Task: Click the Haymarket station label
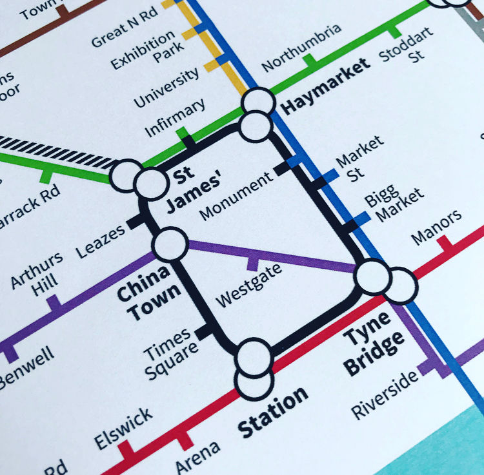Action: (327, 85)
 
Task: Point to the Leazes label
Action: (99, 240)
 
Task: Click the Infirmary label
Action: (175, 117)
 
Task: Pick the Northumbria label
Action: (301, 49)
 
